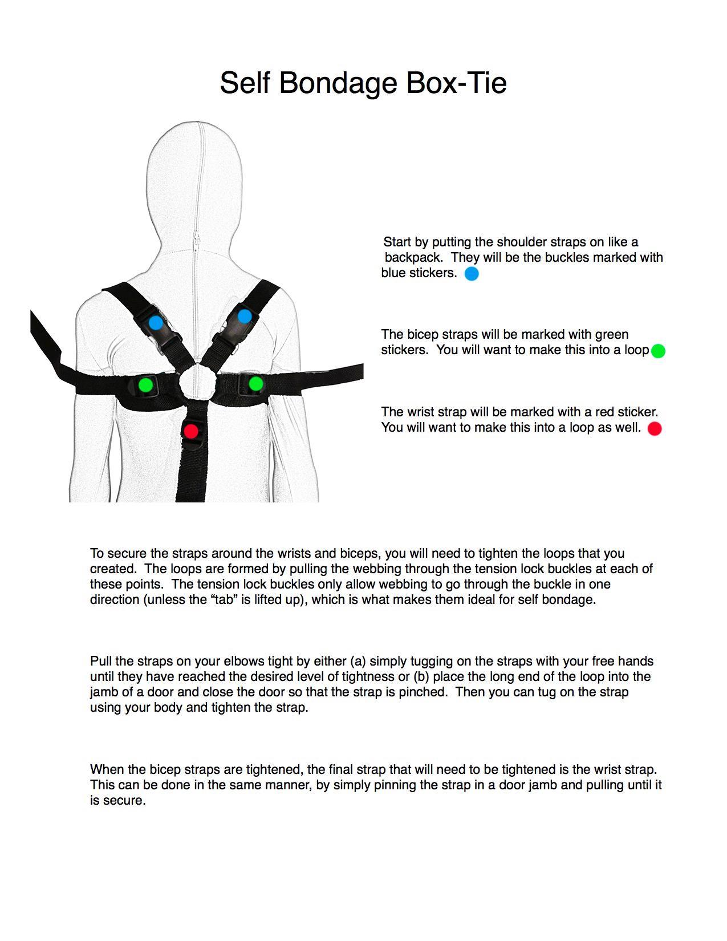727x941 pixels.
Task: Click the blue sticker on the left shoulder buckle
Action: (156, 323)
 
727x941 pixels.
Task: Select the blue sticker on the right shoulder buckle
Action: (245, 316)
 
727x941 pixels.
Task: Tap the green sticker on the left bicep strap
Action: (145, 384)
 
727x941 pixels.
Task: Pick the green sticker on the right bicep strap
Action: (256, 384)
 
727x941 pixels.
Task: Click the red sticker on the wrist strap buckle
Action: (191, 431)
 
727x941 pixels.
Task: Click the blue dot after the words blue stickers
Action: (472, 274)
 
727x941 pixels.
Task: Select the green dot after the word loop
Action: (658, 351)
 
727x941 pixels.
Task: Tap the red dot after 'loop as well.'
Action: (655, 428)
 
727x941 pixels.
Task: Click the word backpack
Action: (413, 258)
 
